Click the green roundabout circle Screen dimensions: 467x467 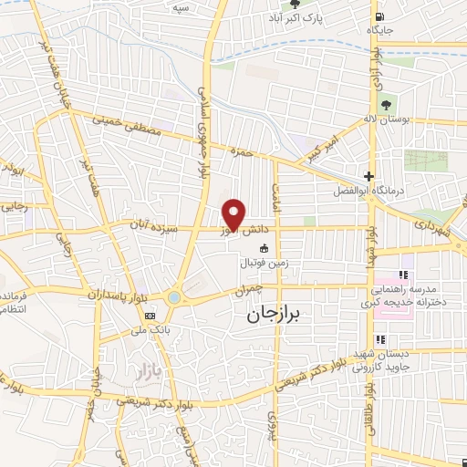point(174,298)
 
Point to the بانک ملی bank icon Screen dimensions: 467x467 point(148,316)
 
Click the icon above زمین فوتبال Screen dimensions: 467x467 point(265,249)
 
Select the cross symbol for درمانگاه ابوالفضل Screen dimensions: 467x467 point(368,177)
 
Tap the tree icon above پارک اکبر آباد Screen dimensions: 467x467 point(295,5)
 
